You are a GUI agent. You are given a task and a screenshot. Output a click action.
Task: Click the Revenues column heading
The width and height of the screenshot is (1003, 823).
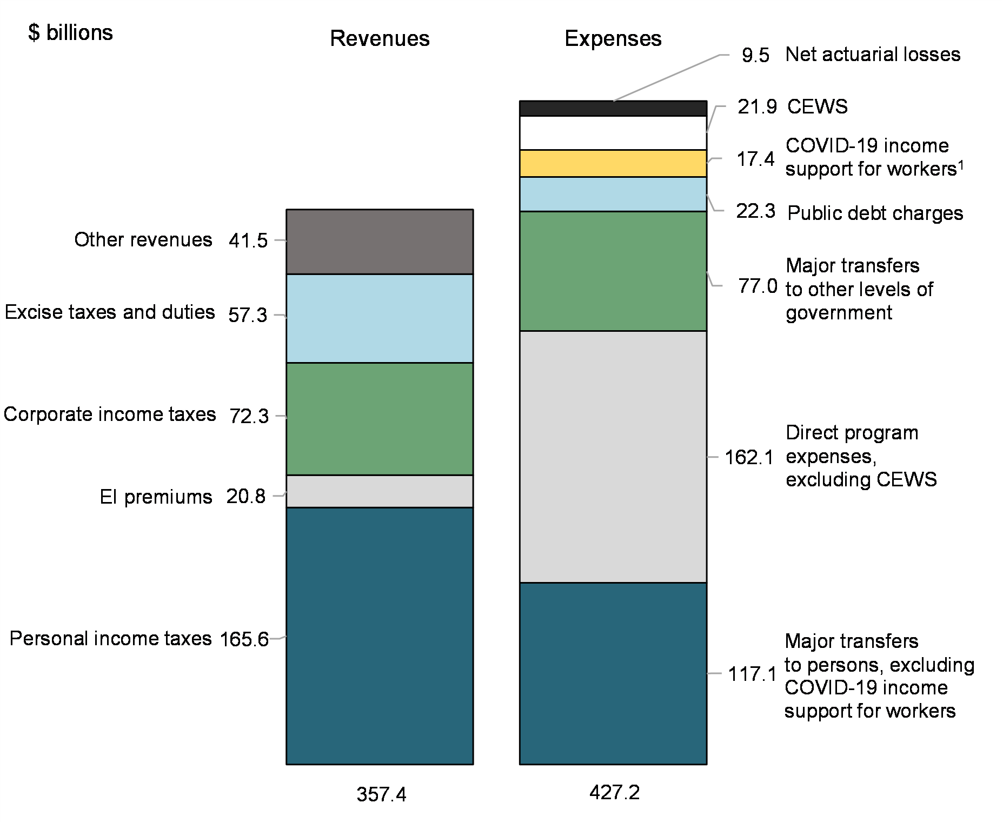pyautogui.click(x=380, y=39)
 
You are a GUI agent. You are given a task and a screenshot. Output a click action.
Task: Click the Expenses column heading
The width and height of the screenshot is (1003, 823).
pyautogui.click(x=613, y=39)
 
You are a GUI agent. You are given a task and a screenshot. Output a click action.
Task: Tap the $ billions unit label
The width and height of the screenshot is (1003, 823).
pyautogui.click(x=70, y=33)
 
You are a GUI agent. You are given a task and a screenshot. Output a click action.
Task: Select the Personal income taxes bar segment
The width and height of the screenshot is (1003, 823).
pyautogui.click(x=380, y=635)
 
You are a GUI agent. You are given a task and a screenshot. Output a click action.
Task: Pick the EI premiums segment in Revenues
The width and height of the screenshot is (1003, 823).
pyautogui.click(x=380, y=491)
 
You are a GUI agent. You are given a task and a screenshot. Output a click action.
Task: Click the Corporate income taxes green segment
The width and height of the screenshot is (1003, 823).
pyautogui.click(x=380, y=419)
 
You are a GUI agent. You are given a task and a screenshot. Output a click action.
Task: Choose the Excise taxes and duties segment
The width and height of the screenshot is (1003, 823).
pyautogui.click(x=380, y=318)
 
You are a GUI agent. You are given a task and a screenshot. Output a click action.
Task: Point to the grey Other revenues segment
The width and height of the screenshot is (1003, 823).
pyautogui.click(x=380, y=242)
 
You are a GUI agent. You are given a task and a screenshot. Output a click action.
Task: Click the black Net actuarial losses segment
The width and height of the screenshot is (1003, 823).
pyautogui.click(x=613, y=109)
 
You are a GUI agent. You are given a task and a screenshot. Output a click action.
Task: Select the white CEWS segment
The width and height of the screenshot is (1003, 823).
pyautogui.click(x=613, y=133)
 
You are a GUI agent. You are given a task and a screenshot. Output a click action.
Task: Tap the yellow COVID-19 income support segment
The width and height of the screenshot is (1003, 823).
pyautogui.click(x=613, y=163)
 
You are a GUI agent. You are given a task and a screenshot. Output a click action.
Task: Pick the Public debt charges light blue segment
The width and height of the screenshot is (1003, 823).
pyautogui.click(x=613, y=194)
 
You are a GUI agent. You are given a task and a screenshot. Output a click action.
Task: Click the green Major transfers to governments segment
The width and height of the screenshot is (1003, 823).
pyautogui.click(x=613, y=271)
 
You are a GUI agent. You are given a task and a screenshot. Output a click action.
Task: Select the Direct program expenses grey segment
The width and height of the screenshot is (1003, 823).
pyautogui.click(x=613, y=457)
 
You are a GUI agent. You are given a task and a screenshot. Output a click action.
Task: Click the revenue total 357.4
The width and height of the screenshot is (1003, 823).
pyautogui.click(x=381, y=794)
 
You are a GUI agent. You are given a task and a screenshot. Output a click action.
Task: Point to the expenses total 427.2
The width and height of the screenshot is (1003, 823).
pyautogui.click(x=614, y=792)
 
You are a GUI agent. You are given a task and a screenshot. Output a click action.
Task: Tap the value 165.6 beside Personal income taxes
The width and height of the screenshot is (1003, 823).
pyautogui.click(x=244, y=639)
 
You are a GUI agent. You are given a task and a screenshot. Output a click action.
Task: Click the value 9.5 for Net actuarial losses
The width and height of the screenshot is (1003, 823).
pyautogui.click(x=755, y=55)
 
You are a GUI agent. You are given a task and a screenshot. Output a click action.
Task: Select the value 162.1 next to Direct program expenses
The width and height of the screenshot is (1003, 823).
pyautogui.click(x=749, y=458)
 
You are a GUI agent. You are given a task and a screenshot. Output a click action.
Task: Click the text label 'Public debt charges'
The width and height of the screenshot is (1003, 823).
pyautogui.click(x=875, y=213)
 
